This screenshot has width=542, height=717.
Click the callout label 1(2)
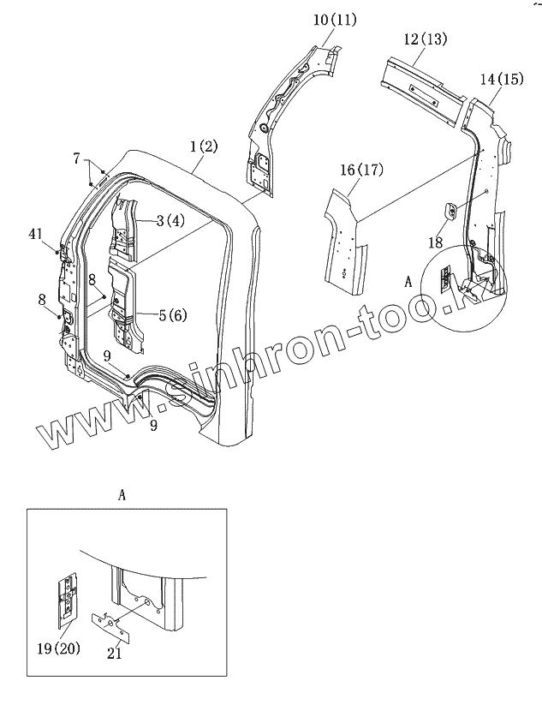coord(204,146)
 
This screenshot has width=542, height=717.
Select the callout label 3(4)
coord(163,220)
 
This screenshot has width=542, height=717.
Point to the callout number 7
coord(76,158)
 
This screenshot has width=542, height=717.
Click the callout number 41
coord(36,233)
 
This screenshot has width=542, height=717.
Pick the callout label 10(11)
coord(336,19)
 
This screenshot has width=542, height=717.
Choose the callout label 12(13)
coord(425,39)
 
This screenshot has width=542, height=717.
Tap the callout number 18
coord(435,243)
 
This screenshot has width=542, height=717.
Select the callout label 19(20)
coord(61,648)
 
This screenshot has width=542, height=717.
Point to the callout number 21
coord(115,654)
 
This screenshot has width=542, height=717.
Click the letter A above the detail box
coord(122,494)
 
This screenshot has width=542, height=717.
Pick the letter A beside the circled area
coord(408,280)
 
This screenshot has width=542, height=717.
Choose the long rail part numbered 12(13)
coord(424,82)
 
